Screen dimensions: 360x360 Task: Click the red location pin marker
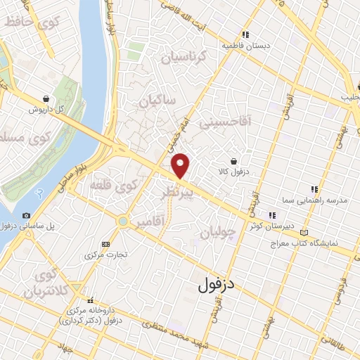[x=181, y=165]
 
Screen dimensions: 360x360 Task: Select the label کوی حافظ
[x=26, y=22]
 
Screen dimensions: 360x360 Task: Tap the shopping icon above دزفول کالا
[x=242, y=160]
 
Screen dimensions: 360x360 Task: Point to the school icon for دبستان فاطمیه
[x=245, y=34]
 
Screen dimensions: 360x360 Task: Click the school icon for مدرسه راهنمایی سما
[x=314, y=188]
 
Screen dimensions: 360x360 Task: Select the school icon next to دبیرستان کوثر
[x=271, y=215]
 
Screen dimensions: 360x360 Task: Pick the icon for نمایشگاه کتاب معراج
[x=304, y=232]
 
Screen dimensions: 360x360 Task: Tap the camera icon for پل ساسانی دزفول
[x=26, y=215]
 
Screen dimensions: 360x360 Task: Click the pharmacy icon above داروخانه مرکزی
[x=90, y=300]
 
